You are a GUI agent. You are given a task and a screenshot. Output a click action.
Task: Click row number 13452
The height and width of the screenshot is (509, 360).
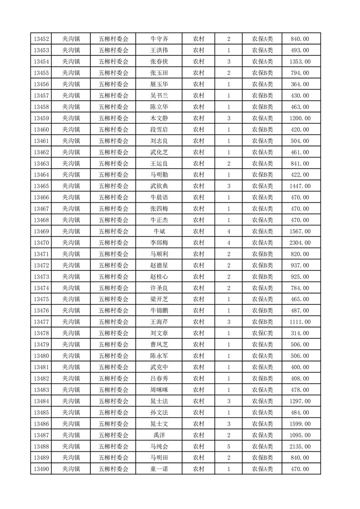pyautogui.click(x=41, y=39)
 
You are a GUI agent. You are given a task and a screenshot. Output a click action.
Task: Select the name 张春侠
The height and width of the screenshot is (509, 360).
pyautogui.click(x=159, y=62)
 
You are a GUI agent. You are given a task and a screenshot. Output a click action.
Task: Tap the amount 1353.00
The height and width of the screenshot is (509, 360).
pyautogui.click(x=300, y=62)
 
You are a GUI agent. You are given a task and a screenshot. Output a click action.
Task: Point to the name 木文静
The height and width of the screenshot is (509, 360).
pyautogui.click(x=159, y=118)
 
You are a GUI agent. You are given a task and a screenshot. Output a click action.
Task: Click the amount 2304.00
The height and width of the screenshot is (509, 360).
pyautogui.click(x=300, y=243)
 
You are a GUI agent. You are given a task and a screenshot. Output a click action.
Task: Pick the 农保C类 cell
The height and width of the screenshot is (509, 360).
pyautogui.click(x=262, y=333)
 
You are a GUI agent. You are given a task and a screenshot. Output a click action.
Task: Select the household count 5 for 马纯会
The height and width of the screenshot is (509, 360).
pyautogui.click(x=228, y=446)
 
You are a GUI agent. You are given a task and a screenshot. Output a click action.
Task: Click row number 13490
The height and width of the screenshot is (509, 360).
pyautogui.click(x=41, y=469)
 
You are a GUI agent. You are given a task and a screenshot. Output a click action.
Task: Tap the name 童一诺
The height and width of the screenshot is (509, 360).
pyautogui.click(x=159, y=469)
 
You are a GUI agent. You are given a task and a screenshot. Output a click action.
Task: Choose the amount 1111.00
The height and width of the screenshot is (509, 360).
pyautogui.click(x=300, y=322)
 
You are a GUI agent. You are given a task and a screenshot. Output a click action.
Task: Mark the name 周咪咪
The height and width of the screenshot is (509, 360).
pyautogui.click(x=159, y=390)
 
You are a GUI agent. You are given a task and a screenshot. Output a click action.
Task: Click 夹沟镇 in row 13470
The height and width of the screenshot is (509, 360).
pyautogui.click(x=71, y=243)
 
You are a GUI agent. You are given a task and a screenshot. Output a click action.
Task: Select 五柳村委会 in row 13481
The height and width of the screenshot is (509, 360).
pyautogui.click(x=113, y=367)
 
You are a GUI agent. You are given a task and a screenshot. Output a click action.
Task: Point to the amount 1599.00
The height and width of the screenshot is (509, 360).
pyautogui.click(x=300, y=424)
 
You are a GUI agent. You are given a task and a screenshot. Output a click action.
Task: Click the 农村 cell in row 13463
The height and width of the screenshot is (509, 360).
pyautogui.click(x=198, y=164)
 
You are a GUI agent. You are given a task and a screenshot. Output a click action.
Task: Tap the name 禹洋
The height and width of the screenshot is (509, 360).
pyautogui.click(x=159, y=435)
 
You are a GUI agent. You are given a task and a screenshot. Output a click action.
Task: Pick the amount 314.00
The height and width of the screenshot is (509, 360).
pyautogui.click(x=300, y=333)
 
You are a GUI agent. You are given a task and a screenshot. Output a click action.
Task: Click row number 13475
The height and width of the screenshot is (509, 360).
pyautogui.click(x=41, y=299)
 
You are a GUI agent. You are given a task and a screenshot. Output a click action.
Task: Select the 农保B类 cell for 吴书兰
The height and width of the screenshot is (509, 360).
pyautogui.click(x=262, y=96)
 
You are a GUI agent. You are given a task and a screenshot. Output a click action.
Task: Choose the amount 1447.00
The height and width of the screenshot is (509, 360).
pyautogui.click(x=300, y=186)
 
